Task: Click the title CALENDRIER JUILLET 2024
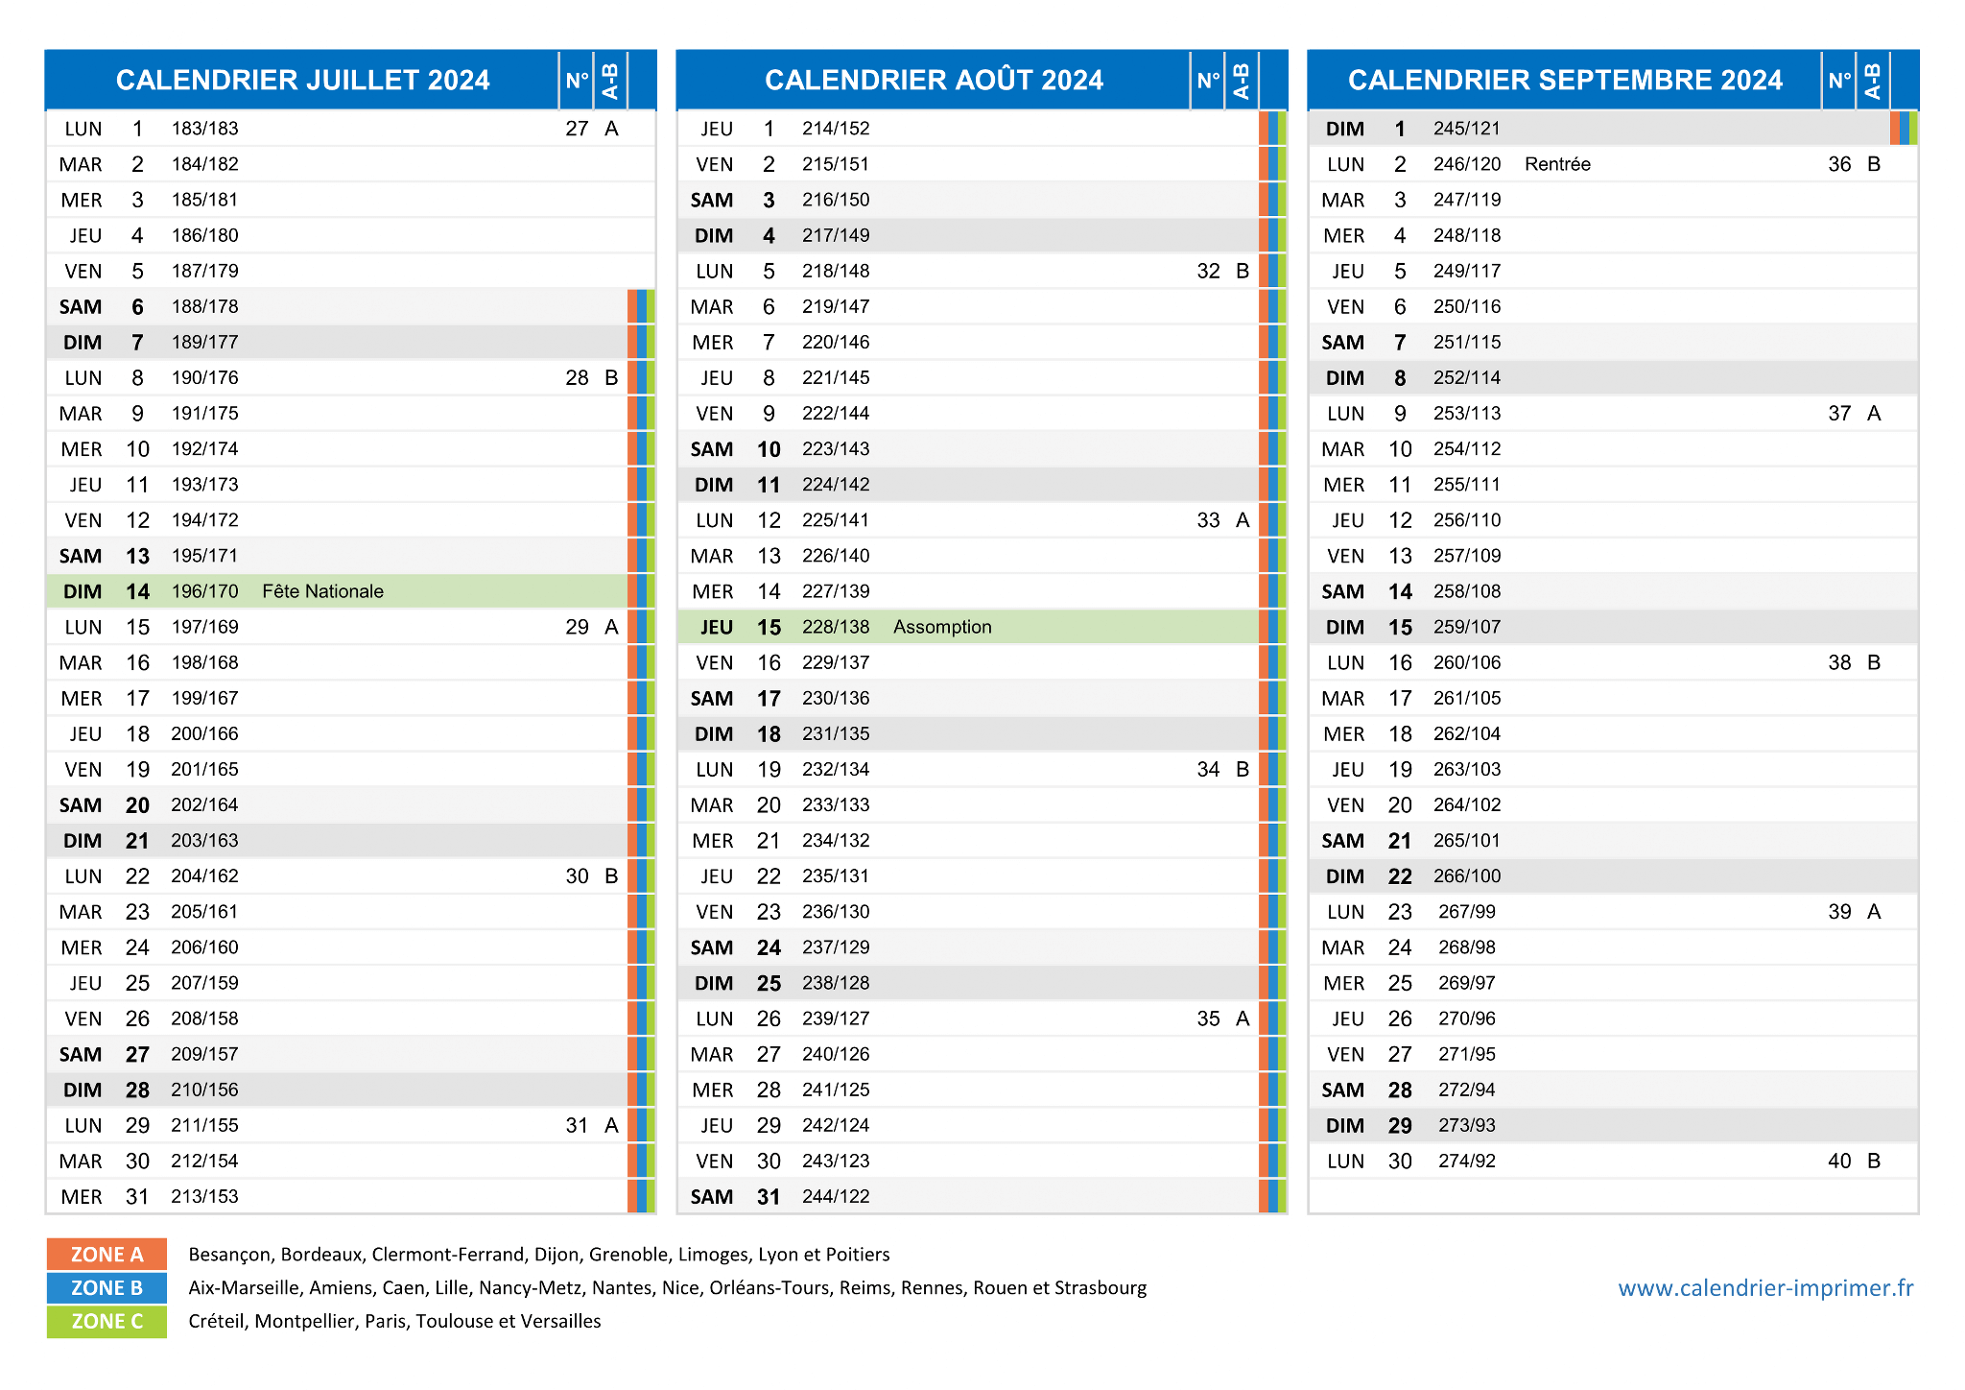tap(302, 80)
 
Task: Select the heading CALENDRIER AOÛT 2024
tap(934, 80)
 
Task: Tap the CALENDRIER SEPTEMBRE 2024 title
tap(1565, 80)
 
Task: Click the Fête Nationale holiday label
tap(322, 591)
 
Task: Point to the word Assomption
tap(942, 627)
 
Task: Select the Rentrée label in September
tap(1557, 164)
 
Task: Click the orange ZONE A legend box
tap(107, 1254)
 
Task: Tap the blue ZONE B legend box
tap(107, 1287)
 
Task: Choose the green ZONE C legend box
tap(107, 1321)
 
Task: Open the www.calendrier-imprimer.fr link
tap(1765, 1287)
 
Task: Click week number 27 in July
tap(577, 129)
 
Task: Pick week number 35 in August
tap(1208, 1019)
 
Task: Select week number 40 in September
tap(1839, 1161)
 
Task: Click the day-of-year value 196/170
tap(204, 591)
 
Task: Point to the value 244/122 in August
tap(836, 1196)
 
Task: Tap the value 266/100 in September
tap(1467, 875)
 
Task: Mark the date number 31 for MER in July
tap(137, 1196)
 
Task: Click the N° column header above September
tap(1838, 80)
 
